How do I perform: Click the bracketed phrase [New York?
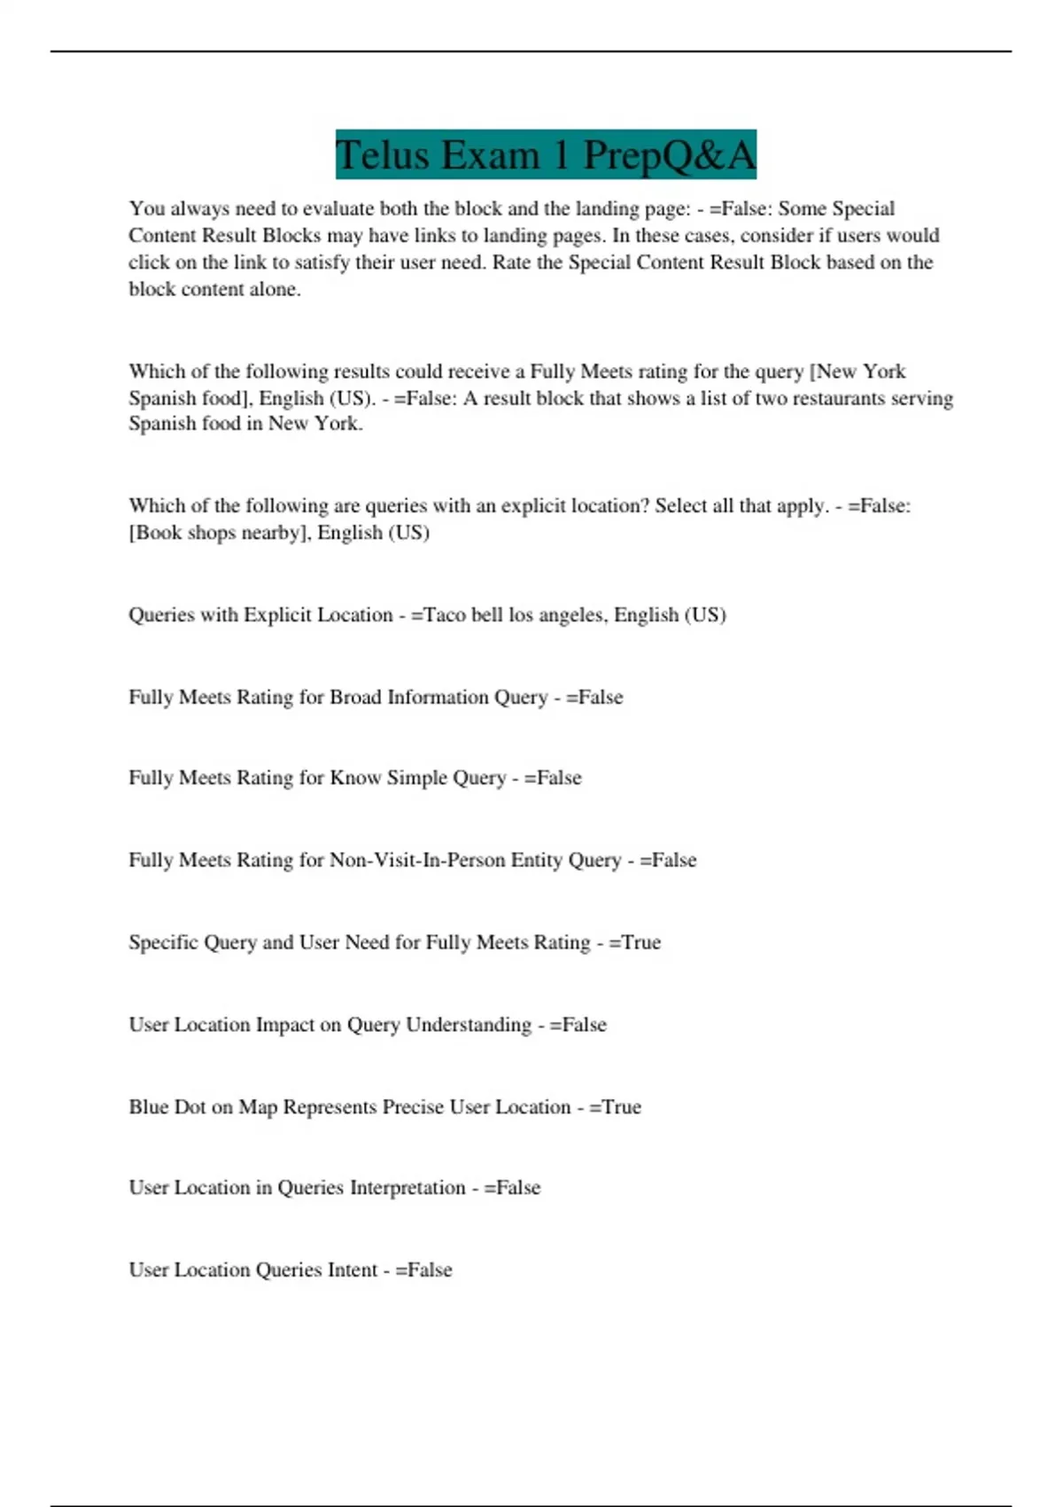(857, 371)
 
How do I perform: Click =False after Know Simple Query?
(553, 778)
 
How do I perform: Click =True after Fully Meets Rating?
(634, 942)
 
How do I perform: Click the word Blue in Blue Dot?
(148, 1107)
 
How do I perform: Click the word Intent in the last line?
(353, 1270)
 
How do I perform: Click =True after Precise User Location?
(615, 1107)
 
